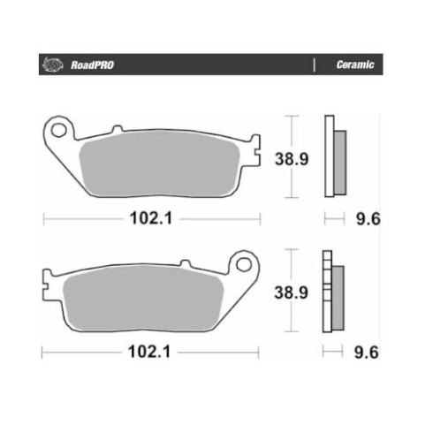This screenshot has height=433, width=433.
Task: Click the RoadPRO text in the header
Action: [92, 65]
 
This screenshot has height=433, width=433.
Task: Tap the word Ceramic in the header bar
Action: [355, 65]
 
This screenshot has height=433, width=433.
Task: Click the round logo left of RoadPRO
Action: [52, 65]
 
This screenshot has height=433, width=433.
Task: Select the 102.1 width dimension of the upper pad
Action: [151, 219]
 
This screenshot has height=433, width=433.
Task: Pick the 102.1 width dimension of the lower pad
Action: [149, 352]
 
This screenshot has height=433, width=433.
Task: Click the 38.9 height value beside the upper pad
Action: [292, 159]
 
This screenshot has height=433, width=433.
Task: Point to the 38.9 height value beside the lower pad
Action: [291, 292]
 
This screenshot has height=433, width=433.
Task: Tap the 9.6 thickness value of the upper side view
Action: [368, 219]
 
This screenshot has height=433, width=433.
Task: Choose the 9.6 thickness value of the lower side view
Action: [367, 353]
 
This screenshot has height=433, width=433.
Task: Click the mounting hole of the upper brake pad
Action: [58, 130]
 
